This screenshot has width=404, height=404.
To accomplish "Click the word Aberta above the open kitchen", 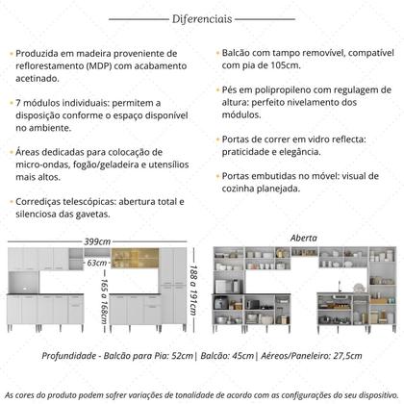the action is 304,237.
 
